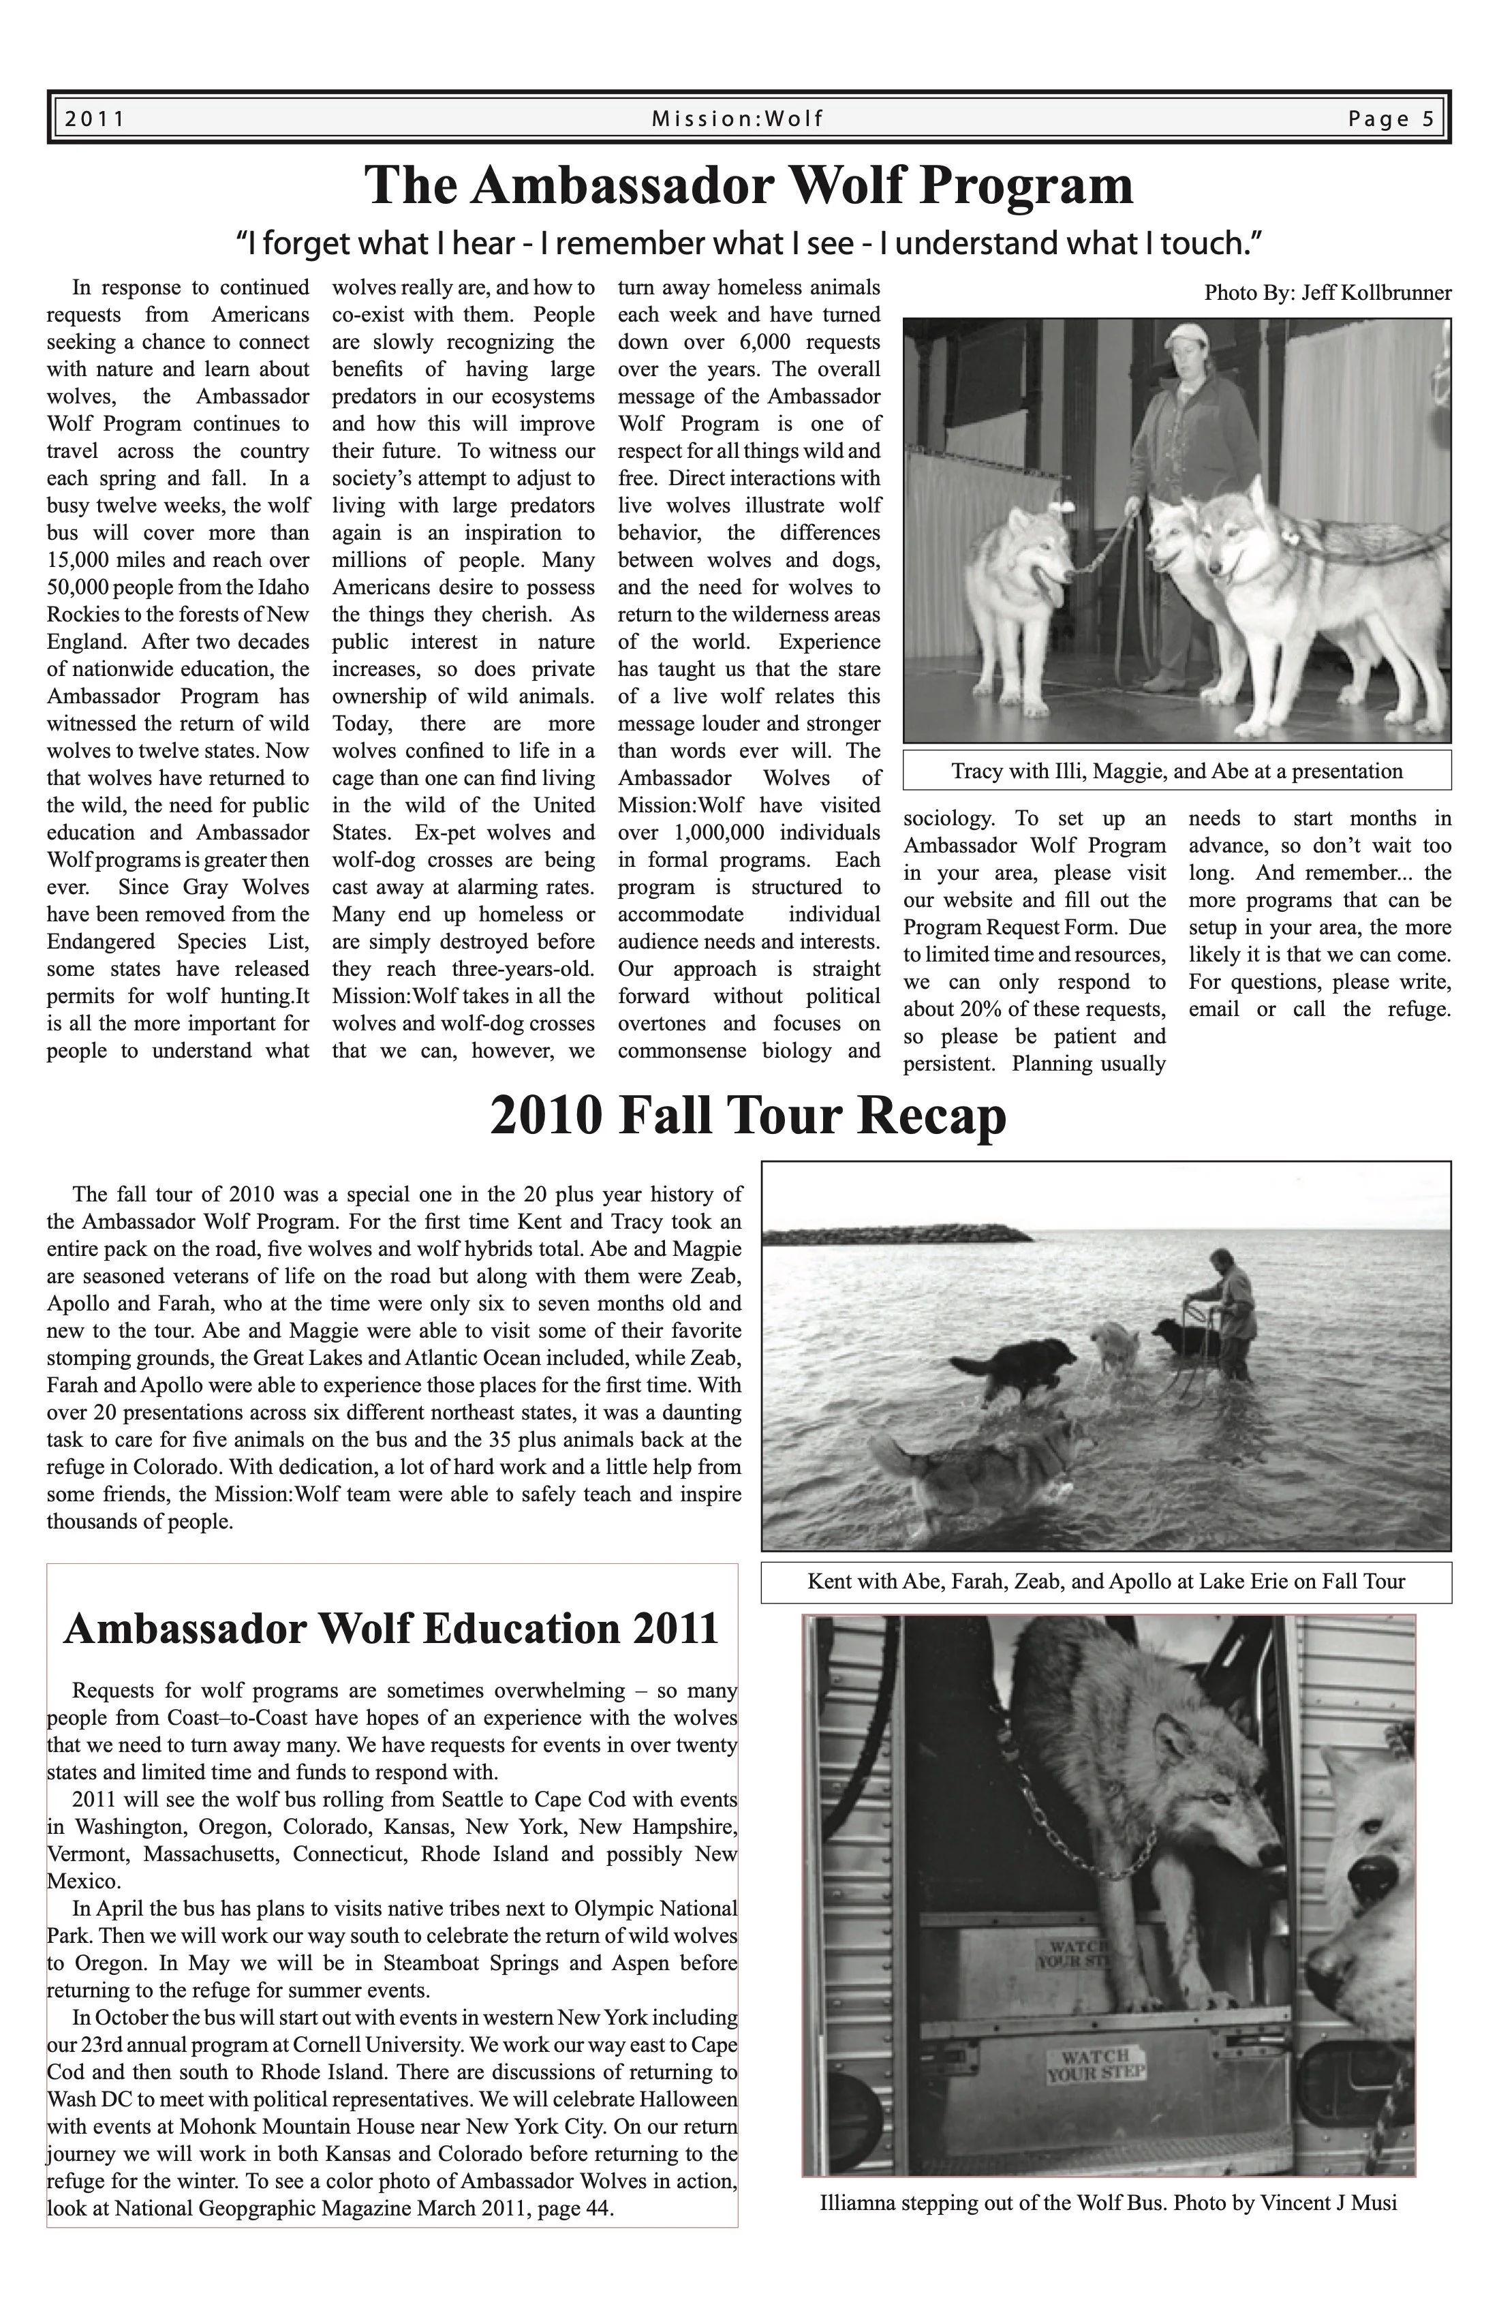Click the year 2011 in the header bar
(x=95, y=119)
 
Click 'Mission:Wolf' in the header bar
(x=738, y=119)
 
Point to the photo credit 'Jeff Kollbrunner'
(x=1376, y=293)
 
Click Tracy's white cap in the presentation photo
(x=1190, y=336)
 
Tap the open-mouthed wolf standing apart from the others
(x=1022, y=584)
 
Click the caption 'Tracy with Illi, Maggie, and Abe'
(x=1177, y=771)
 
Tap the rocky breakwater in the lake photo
(x=895, y=1234)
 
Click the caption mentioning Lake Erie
(x=1106, y=1581)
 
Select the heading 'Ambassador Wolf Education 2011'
(x=391, y=1629)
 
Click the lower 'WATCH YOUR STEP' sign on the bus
(x=1096, y=2066)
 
